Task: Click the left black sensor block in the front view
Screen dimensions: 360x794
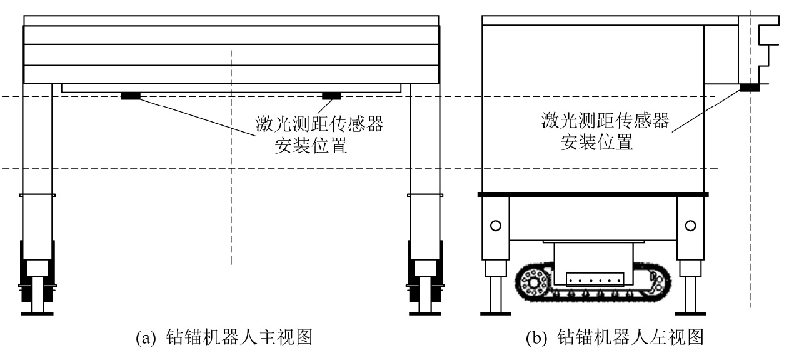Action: [x=131, y=96]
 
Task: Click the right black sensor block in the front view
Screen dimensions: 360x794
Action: [x=331, y=96]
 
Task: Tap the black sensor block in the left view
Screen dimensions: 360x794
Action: [x=749, y=88]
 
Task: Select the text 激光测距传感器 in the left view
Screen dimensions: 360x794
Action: [x=605, y=121]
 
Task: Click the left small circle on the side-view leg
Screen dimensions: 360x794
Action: [x=496, y=226]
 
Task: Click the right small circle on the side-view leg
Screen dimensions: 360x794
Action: [x=690, y=226]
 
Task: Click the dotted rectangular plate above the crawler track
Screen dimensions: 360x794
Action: [x=594, y=279]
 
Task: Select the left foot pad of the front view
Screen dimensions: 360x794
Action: [x=37, y=312]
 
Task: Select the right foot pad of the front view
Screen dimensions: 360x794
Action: [x=425, y=312]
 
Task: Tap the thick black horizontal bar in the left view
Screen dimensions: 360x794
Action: [x=593, y=194]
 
